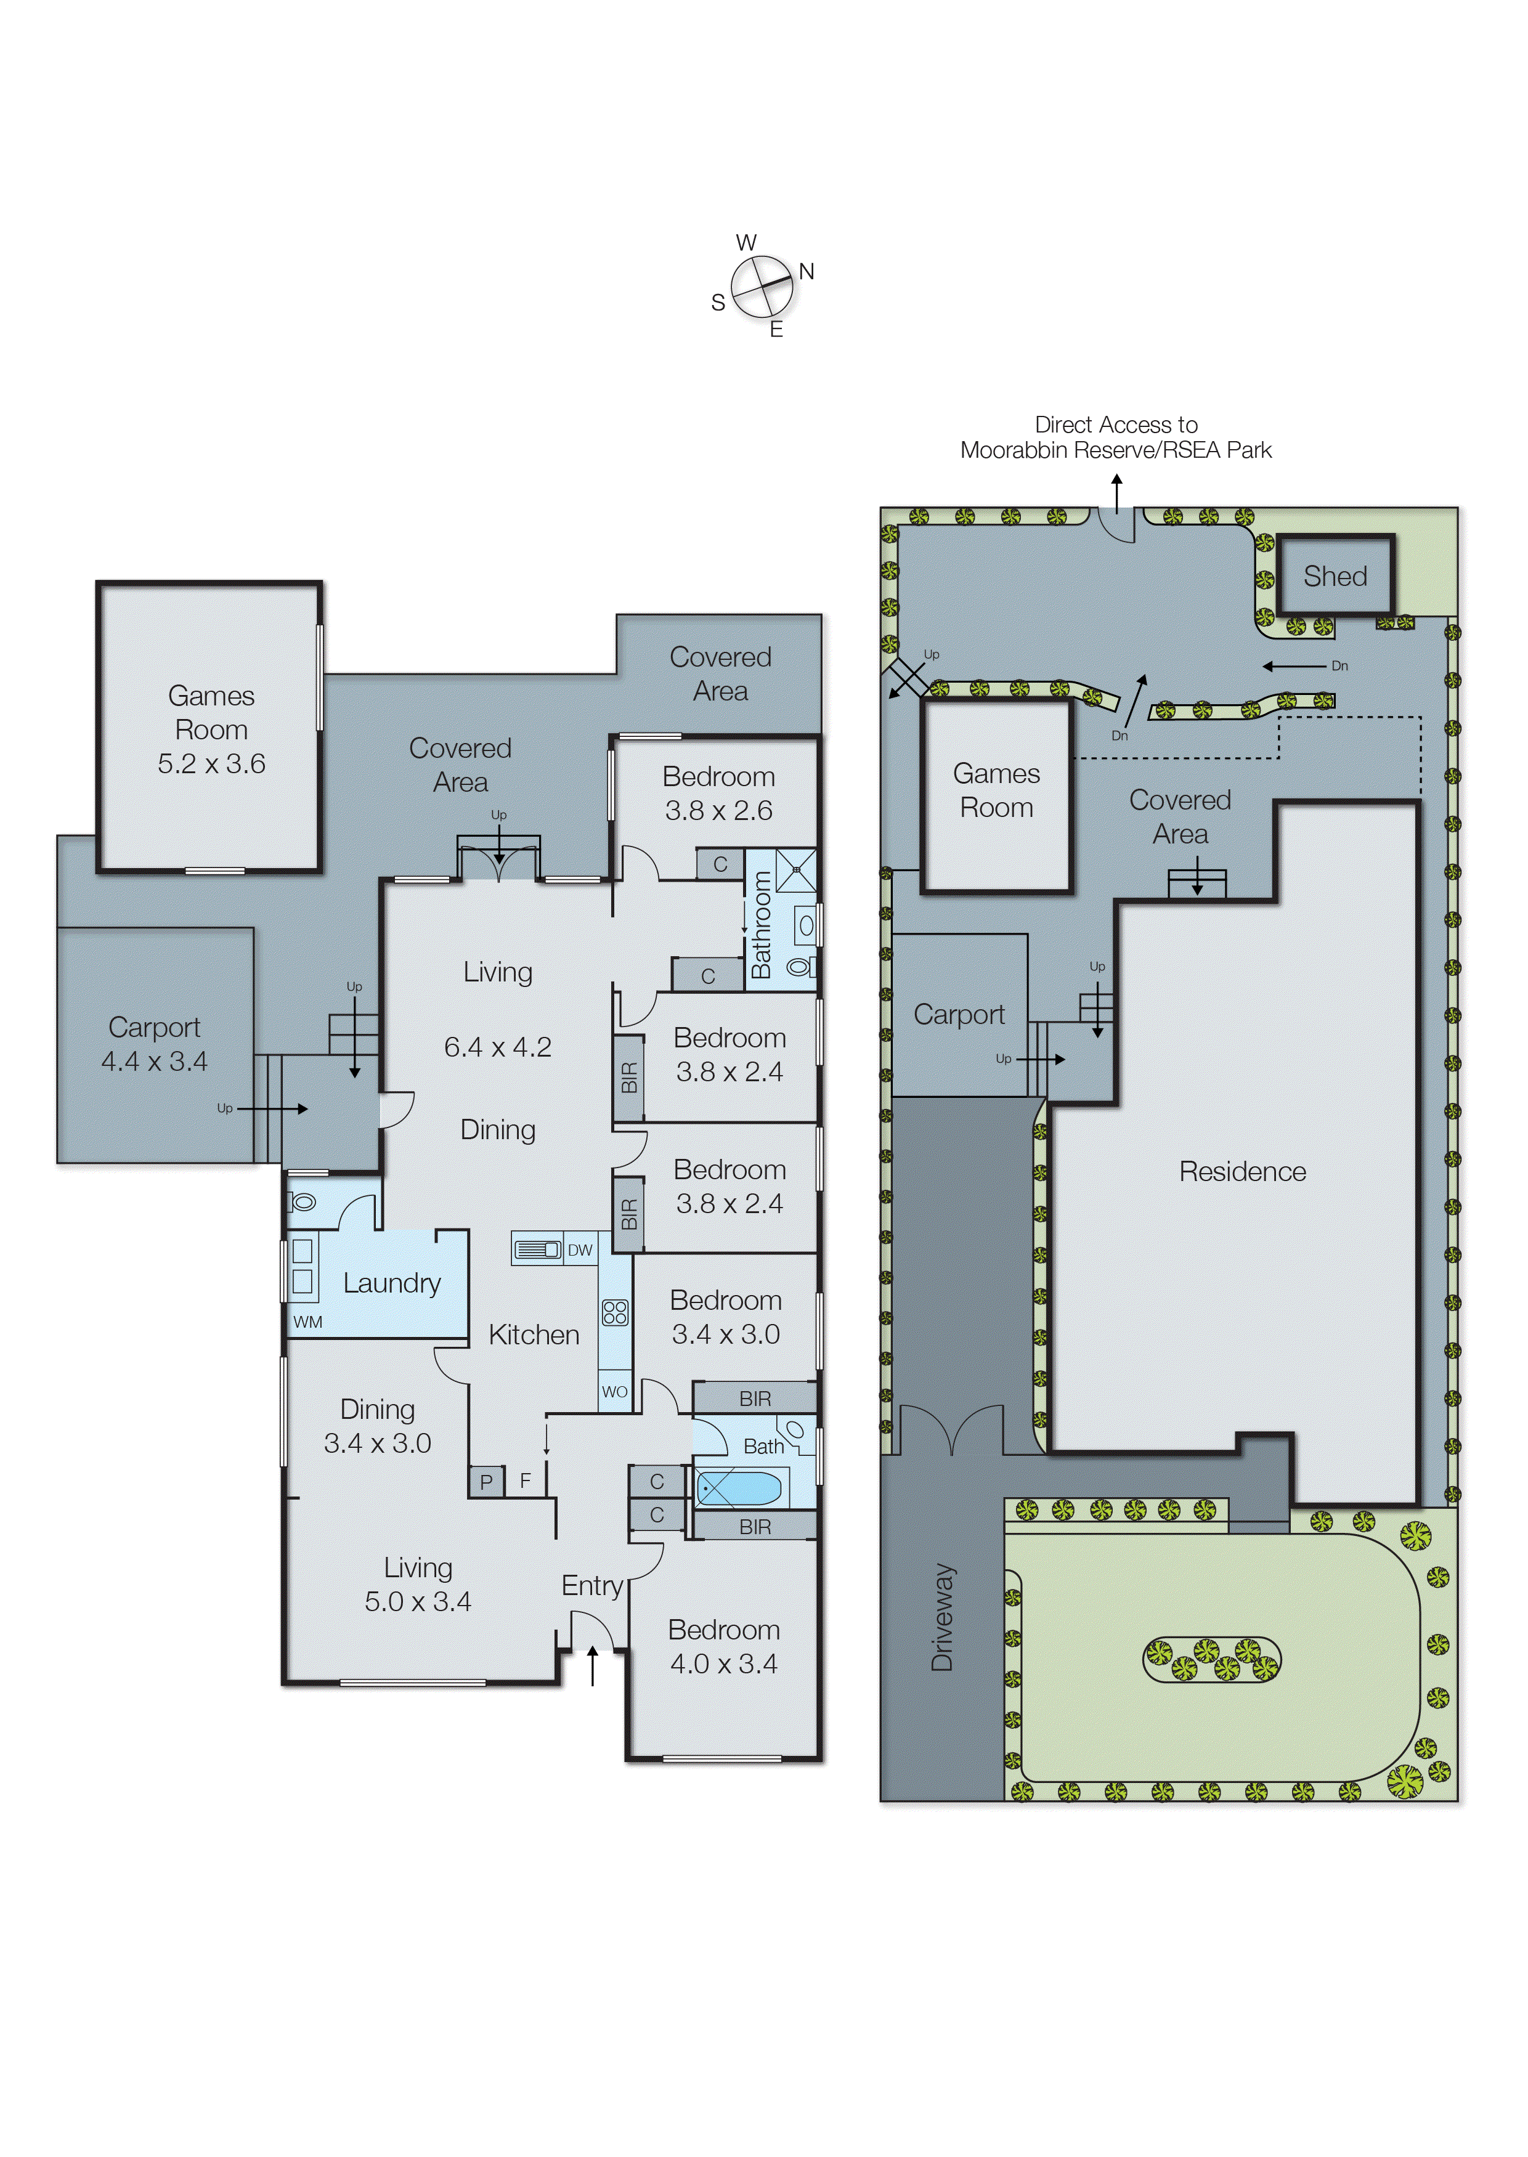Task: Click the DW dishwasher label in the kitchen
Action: (580, 1250)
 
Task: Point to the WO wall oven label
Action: (614, 1391)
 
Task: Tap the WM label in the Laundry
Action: (307, 1322)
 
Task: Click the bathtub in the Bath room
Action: (739, 1488)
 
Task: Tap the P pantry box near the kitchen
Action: (486, 1482)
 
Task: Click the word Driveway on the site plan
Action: (942, 1617)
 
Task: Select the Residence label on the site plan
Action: (1242, 1171)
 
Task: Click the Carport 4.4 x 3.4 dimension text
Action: (154, 1061)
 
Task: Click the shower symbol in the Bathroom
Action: (796, 870)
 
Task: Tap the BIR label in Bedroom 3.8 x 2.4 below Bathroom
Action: (628, 1078)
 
